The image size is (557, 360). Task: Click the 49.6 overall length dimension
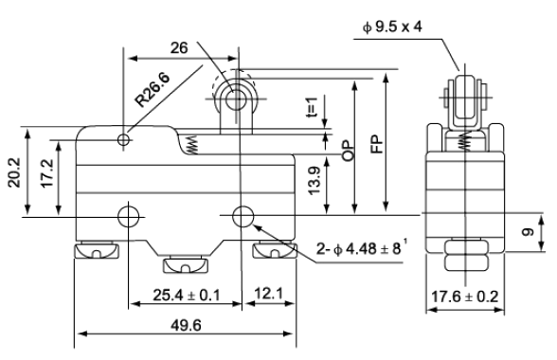pyautogui.click(x=186, y=325)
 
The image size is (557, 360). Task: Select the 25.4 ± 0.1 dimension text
pyautogui.click(x=186, y=296)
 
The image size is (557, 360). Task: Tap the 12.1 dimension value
pyautogui.click(x=269, y=294)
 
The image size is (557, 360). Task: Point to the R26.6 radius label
pyautogui.click(x=153, y=90)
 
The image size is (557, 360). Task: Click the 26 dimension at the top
pyautogui.click(x=179, y=47)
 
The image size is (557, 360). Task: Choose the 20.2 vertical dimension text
pyautogui.click(x=15, y=172)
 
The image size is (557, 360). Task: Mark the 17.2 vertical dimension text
pyautogui.click(x=46, y=173)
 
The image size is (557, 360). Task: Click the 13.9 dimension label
pyautogui.click(x=314, y=181)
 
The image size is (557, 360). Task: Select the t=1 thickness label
pyautogui.click(x=312, y=107)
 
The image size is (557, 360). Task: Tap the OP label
pyautogui.click(x=349, y=151)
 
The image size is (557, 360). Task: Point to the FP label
pyautogui.click(x=377, y=144)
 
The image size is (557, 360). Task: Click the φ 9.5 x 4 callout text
pyautogui.click(x=392, y=27)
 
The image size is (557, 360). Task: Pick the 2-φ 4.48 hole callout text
pyautogui.click(x=362, y=248)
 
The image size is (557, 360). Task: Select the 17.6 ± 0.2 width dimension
pyautogui.click(x=464, y=297)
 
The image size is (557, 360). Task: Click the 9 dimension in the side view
pyautogui.click(x=528, y=232)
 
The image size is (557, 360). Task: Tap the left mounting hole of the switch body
pyautogui.click(x=128, y=216)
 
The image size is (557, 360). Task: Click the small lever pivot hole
pyautogui.click(x=123, y=139)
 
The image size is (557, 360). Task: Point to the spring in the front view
pyautogui.click(x=191, y=145)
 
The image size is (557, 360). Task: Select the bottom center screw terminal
pyautogui.click(x=185, y=264)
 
